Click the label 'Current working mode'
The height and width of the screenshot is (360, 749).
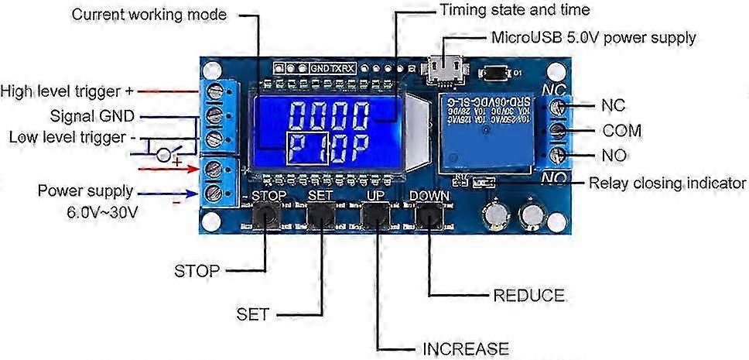pos(149,15)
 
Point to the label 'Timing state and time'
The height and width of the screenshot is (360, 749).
pos(515,10)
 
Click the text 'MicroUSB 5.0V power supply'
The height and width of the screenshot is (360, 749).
pos(593,37)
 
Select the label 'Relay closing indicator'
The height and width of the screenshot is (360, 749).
pos(667,183)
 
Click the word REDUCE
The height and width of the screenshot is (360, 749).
pos(528,296)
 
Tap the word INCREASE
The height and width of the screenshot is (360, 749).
pos(466,348)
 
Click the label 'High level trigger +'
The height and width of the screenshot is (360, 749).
pos(72,91)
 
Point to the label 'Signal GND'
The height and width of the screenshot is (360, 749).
pos(92,116)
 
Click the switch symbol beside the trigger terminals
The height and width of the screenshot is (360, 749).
pos(165,153)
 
